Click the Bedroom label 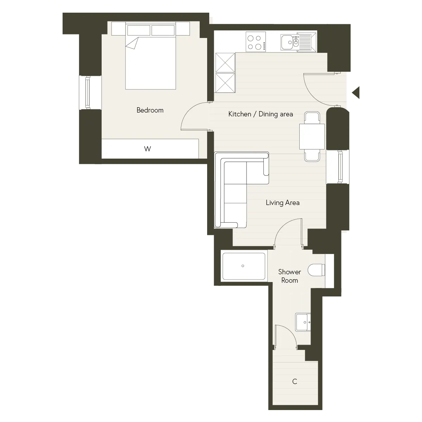pyautogui.click(x=150, y=110)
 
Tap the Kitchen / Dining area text pyautogui.click(x=261, y=114)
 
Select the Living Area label pyautogui.click(x=283, y=203)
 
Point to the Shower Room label pyautogui.click(x=289, y=276)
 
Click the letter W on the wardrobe pyautogui.click(x=148, y=149)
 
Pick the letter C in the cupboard pyautogui.click(x=295, y=382)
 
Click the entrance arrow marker pyautogui.click(x=356, y=92)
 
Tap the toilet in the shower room pyautogui.click(x=316, y=270)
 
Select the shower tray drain pyautogui.click(x=243, y=266)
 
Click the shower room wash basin pyautogui.click(x=303, y=322)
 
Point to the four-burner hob pyautogui.click(x=256, y=42)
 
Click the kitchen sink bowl pyautogui.click(x=287, y=42)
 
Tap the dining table pyautogui.click(x=312, y=137)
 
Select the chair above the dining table pyautogui.click(x=312, y=118)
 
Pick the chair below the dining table pyautogui.click(x=312, y=155)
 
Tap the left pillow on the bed pyautogui.click(x=139, y=30)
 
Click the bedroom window pyautogui.click(x=88, y=92)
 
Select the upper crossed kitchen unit pyautogui.click(x=225, y=63)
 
